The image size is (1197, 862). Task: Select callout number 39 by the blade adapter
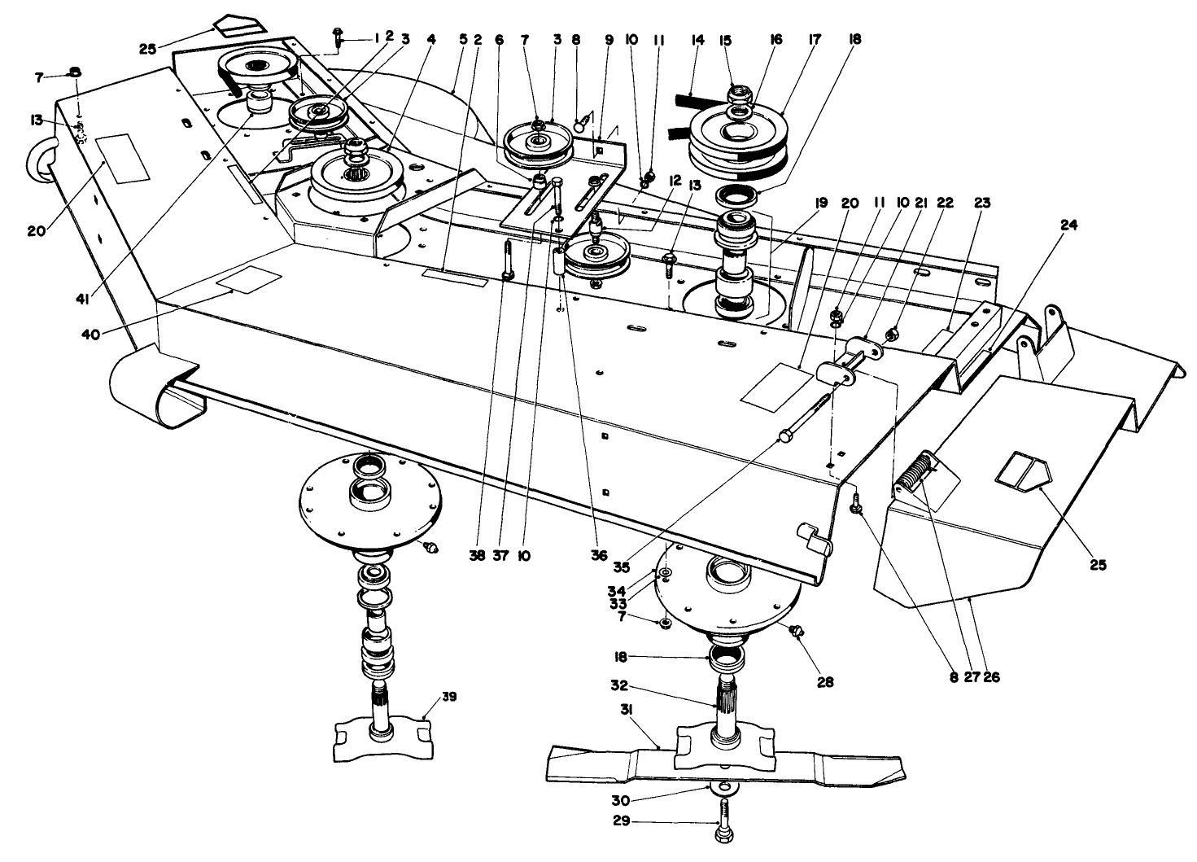(x=449, y=698)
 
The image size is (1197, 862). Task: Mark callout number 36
(x=599, y=558)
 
